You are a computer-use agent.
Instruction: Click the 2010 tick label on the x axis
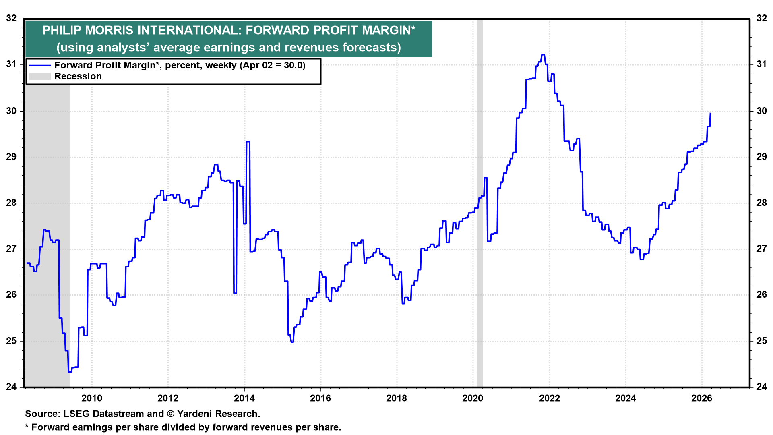pyautogui.click(x=92, y=398)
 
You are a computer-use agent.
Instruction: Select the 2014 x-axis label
pyautogui.click(x=244, y=398)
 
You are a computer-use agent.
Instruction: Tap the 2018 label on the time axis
pyautogui.click(x=397, y=398)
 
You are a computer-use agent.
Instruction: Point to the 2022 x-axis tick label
pyautogui.click(x=549, y=398)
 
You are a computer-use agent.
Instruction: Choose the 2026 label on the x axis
pyautogui.click(x=702, y=398)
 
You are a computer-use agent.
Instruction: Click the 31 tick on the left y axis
pyautogui.click(x=12, y=64)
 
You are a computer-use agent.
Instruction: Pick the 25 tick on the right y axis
pyautogui.click(x=761, y=341)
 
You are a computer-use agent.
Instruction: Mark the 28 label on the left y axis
pyautogui.click(x=12, y=203)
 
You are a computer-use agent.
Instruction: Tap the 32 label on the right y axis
pyautogui.click(x=761, y=19)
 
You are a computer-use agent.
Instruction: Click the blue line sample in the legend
pyautogui.click(x=40, y=66)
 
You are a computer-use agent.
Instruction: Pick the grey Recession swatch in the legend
pyautogui.click(x=40, y=77)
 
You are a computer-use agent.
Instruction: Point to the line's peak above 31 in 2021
pyautogui.click(x=543, y=55)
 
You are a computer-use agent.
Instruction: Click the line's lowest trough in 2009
pyautogui.click(x=70, y=371)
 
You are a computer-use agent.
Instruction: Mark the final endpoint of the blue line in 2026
pyautogui.click(x=710, y=113)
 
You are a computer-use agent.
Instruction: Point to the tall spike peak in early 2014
pyautogui.click(x=248, y=142)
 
